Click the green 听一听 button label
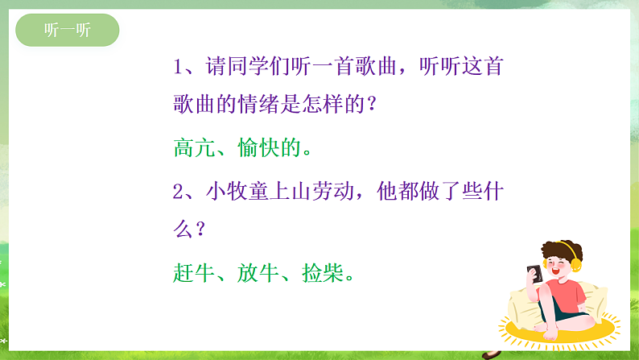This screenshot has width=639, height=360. pyautogui.click(x=68, y=31)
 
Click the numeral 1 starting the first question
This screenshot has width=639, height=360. pyautogui.click(x=179, y=68)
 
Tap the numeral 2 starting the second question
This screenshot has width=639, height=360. pyautogui.click(x=179, y=191)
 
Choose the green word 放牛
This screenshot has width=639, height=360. pyautogui.click(x=258, y=273)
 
